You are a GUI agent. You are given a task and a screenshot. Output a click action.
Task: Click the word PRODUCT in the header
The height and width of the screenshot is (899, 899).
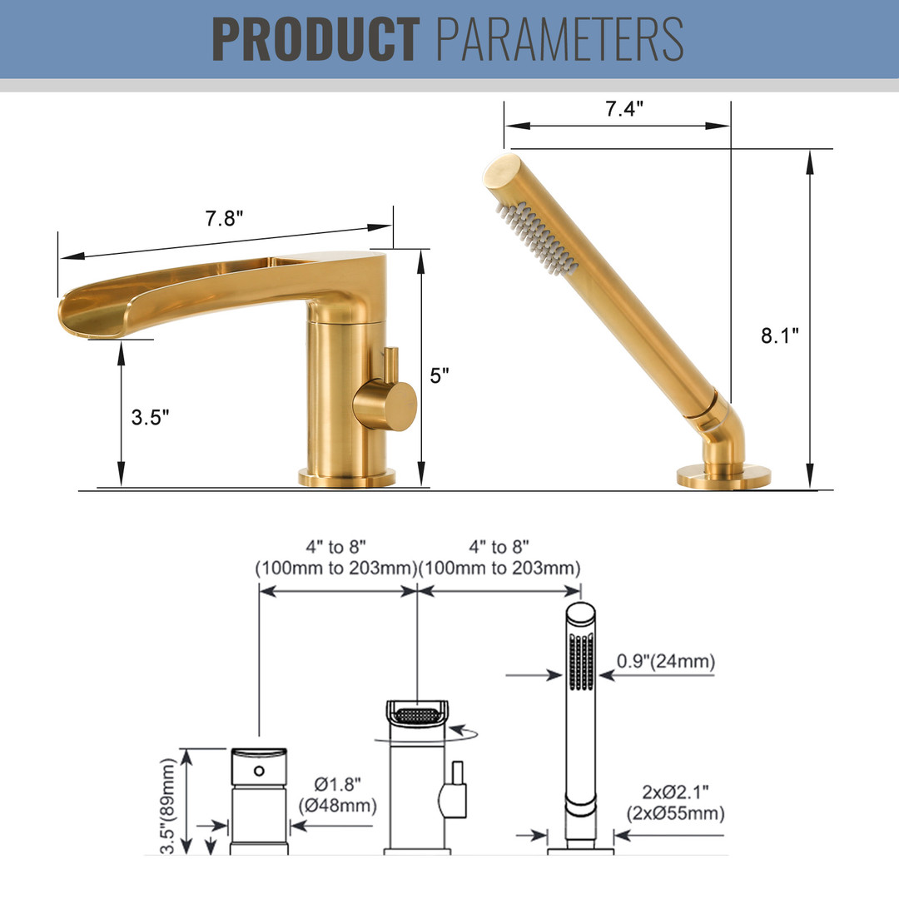pos(316,39)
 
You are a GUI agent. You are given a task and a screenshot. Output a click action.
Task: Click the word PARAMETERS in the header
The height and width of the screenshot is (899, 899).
pos(559,39)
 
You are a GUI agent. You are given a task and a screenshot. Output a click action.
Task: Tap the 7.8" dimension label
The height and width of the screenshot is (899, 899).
pos(224,218)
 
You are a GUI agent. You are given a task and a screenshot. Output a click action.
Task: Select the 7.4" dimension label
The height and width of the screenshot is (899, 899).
pos(624,108)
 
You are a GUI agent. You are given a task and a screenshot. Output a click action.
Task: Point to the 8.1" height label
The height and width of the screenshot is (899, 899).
pos(780,335)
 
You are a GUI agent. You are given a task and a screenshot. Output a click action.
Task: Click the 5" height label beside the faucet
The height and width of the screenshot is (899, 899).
pos(440,375)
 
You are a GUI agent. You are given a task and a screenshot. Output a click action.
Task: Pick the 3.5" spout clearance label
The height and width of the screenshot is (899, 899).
pos(150,417)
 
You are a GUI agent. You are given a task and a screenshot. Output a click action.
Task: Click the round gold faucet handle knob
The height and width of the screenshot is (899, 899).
pos(385,405)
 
